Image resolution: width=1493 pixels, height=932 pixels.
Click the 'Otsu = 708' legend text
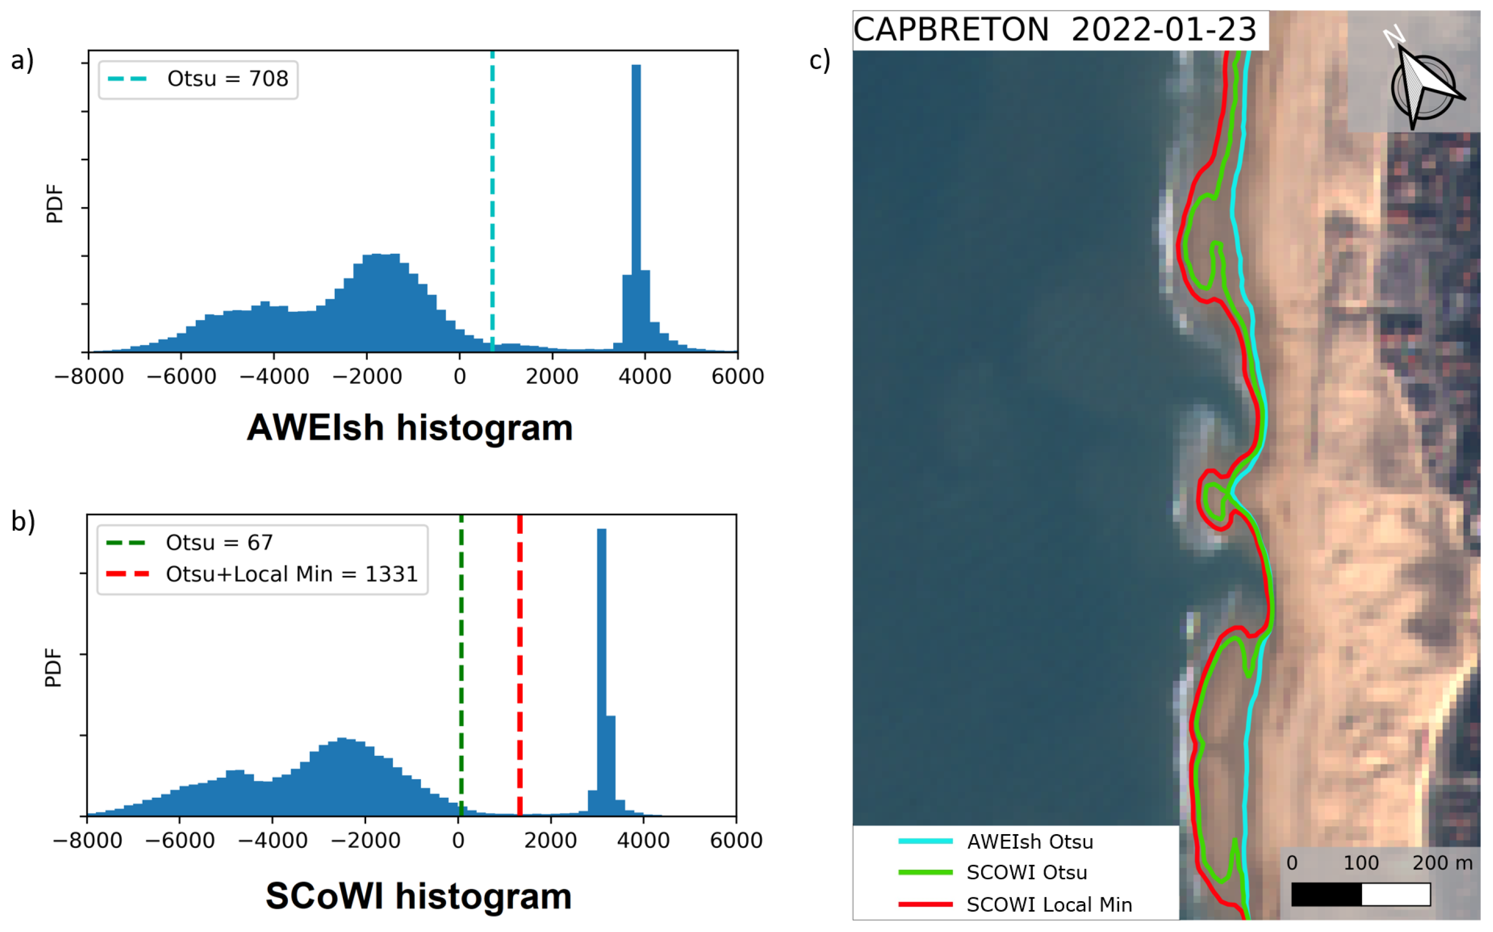click(227, 79)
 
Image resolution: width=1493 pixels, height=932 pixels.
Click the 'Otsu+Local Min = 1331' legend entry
click(292, 574)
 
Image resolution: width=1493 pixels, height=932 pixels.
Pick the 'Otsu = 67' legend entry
click(219, 543)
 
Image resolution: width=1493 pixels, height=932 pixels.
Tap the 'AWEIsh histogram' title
click(410, 428)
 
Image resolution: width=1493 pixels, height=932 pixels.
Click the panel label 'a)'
click(22, 60)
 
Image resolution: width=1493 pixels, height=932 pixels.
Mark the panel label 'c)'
click(819, 60)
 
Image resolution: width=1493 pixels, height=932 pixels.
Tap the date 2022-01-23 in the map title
click(1163, 30)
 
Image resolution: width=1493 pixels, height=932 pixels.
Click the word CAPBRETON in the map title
click(951, 30)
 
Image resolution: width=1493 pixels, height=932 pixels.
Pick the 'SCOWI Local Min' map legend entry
click(1049, 905)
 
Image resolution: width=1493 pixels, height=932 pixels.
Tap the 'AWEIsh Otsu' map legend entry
click(1029, 842)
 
